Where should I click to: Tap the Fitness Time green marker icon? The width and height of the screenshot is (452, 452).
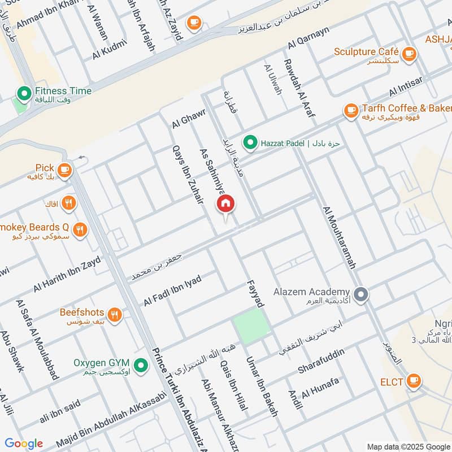[x=24, y=92]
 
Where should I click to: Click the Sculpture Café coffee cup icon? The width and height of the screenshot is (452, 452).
[x=410, y=53]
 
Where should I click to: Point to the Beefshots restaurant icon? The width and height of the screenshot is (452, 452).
[x=115, y=315]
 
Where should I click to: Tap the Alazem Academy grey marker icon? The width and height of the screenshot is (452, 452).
[x=362, y=294]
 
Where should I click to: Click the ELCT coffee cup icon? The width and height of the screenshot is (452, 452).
[x=414, y=381]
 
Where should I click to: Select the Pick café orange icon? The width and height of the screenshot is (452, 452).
[x=64, y=169]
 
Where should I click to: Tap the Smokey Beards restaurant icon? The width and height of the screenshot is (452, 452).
[x=80, y=229]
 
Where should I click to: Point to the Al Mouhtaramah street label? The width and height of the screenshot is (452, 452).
[x=339, y=237]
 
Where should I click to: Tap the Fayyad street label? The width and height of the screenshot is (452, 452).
[x=254, y=294]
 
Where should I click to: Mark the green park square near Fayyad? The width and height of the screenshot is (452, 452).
[x=251, y=327]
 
